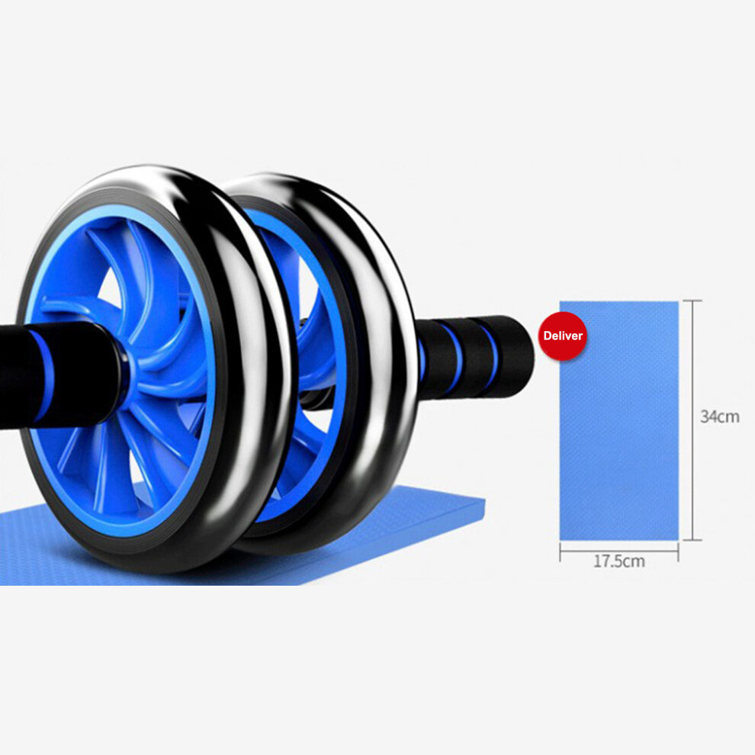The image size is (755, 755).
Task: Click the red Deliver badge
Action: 562,336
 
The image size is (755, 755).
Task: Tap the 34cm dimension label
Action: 719,416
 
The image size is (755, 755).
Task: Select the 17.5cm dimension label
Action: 618,561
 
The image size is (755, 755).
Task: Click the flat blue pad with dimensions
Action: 618,420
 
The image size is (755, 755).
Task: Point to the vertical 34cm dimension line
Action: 692,420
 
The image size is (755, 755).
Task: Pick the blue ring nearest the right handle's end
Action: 491,355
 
